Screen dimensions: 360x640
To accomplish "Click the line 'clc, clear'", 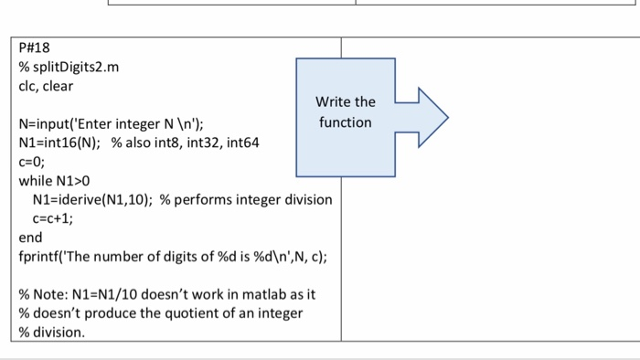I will pyautogui.click(x=46, y=86).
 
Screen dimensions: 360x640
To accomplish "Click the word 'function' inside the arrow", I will pyautogui.click(x=345, y=122).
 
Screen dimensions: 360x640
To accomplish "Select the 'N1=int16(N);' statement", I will pyautogui.click(x=60, y=143).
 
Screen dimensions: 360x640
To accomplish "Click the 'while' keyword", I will pyautogui.click(x=37, y=181).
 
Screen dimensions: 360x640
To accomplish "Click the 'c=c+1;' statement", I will pyautogui.click(x=52, y=218).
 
